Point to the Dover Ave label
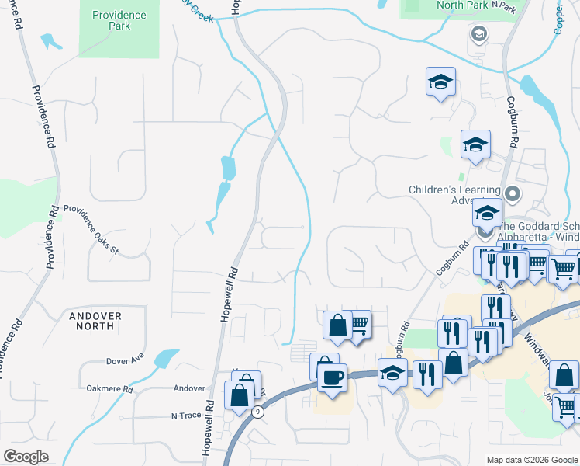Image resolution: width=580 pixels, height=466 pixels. (126, 360)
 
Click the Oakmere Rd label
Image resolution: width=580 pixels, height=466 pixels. (109, 388)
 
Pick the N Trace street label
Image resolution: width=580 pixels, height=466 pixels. (186, 416)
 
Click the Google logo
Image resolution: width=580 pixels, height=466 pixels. (26, 457)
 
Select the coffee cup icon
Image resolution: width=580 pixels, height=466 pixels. (333, 378)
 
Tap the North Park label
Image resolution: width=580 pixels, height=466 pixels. (462, 5)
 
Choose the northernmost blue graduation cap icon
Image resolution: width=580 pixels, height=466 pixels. (440, 82)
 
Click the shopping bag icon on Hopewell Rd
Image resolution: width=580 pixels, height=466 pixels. (241, 394)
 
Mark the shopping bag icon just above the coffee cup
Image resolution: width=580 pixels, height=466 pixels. (325, 366)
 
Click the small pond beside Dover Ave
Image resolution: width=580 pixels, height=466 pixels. (165, 358)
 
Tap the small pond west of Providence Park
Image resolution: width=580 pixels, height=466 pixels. (50, 40)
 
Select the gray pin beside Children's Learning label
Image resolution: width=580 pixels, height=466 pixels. (511, 193)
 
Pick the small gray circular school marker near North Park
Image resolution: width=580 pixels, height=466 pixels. (478, 33)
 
